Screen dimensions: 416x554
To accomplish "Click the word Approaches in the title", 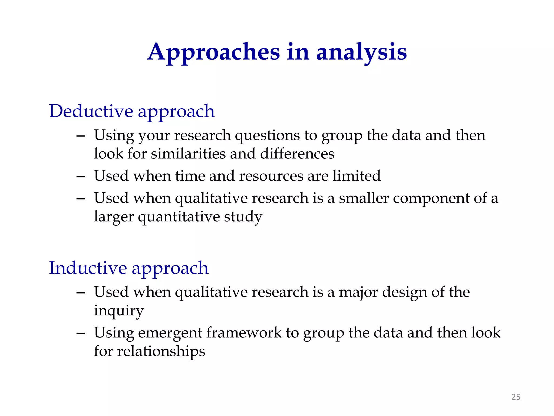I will (214, 52).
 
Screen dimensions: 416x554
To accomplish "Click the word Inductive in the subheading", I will (88, 268).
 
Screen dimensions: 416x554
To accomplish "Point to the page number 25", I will (516, 397).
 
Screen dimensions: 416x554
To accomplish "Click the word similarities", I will (188, 154).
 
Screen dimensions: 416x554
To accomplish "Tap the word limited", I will (356, 176).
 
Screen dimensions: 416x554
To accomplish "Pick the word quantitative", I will (179, 217).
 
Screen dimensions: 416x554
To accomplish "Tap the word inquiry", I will (118, 311).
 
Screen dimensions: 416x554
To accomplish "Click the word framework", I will (244, 333).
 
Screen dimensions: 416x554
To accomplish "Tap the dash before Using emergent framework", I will (81, 334).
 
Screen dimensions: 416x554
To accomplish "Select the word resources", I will (271, 176).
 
